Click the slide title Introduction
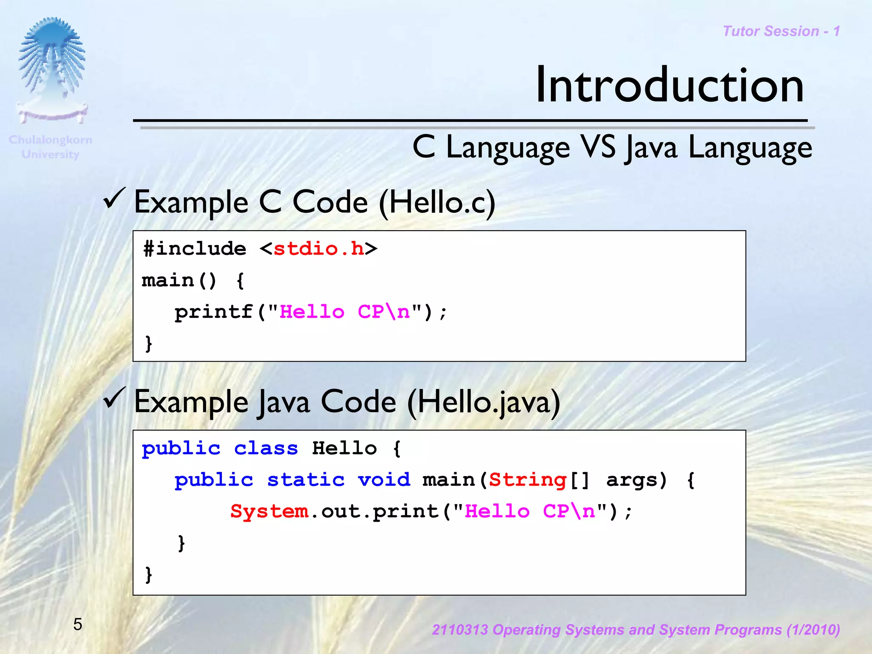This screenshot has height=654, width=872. (669, 86)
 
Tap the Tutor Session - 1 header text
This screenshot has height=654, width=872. (781, 31)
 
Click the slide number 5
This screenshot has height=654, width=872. (77, 624)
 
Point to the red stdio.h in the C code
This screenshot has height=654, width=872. (318, 249)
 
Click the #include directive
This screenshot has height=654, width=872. (195, 249)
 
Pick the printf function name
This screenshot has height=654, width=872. (214, 312)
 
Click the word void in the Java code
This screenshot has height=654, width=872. (384, 480)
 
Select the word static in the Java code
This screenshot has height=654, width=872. (306, 480)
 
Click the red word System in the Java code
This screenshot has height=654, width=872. (269, 511)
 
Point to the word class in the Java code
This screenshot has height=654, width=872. (266, 448)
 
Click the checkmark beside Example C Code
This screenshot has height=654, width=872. (114, 198)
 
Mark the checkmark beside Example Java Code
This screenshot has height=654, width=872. (114, 398)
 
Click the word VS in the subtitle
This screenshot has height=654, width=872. (598, 147)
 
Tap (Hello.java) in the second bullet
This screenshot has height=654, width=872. (484, 403)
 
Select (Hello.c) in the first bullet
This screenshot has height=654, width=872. (437, 203)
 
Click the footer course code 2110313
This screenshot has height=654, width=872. (460, 630)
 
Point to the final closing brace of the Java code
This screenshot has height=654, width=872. (149, 574)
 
